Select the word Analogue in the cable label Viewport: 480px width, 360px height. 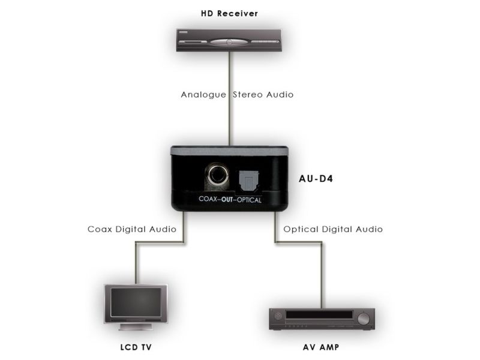pos(203,95)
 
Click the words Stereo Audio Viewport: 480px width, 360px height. pos(263,95)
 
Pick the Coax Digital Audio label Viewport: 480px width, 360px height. pos(131,229)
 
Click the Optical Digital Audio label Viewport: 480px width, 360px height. pos(333,229)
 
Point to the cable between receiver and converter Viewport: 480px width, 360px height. pos(229,120)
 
